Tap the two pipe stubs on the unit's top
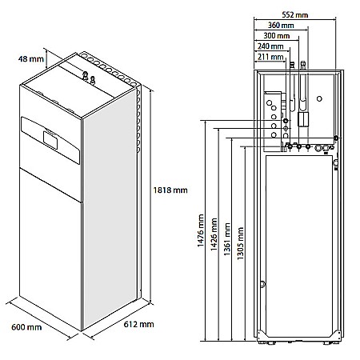coord(87,77)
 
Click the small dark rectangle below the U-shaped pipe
coord(302,119)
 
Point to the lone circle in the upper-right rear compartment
coord(319,99)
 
